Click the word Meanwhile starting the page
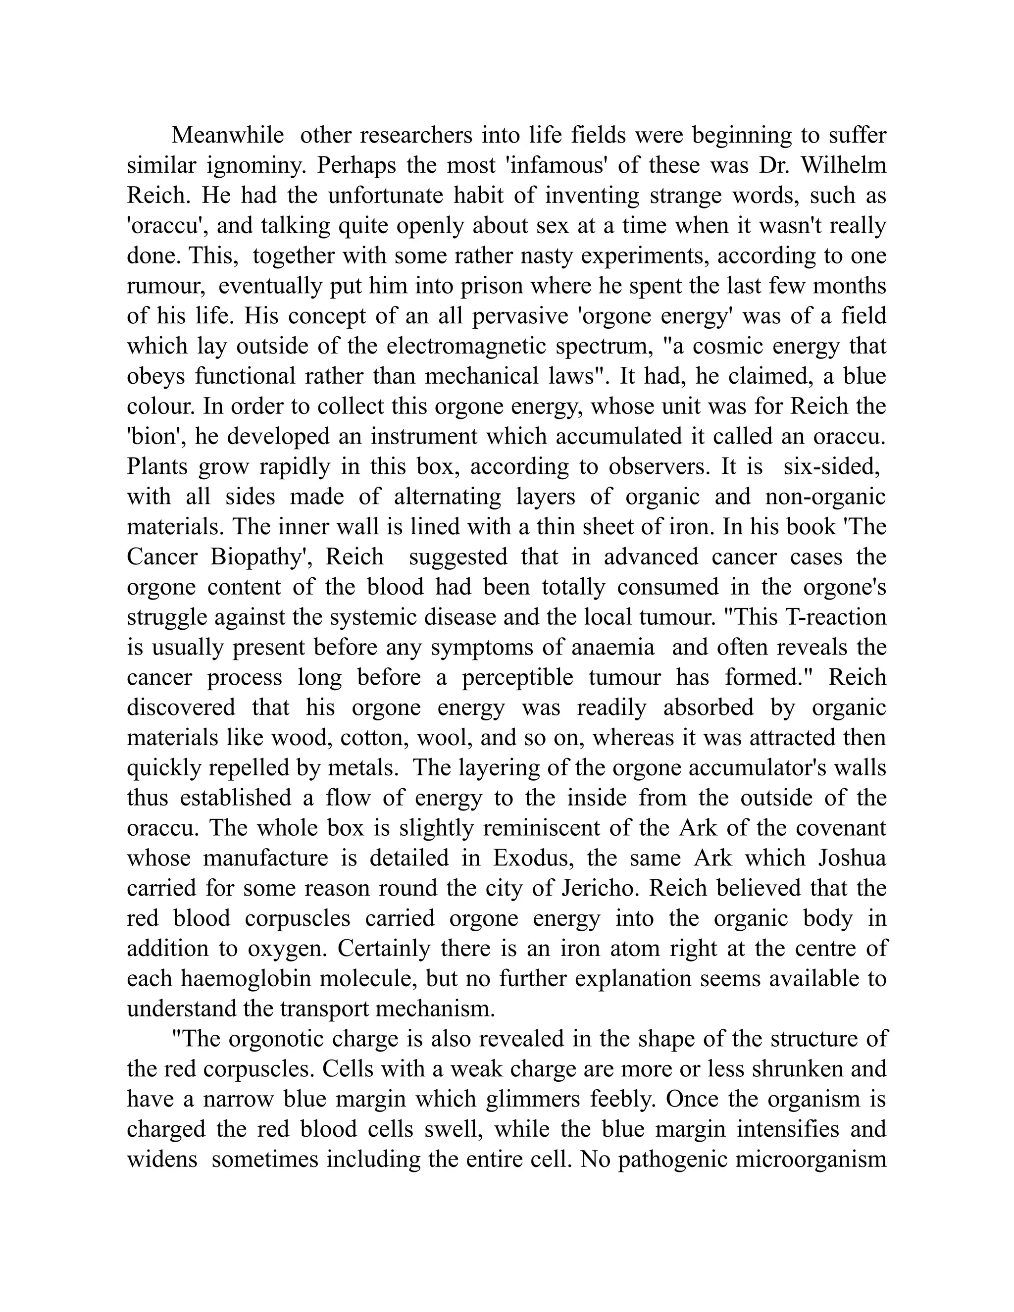coord(228,135)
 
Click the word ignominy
coord(256,165)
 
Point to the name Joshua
coord(852,858)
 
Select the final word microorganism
coord(811,1160)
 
